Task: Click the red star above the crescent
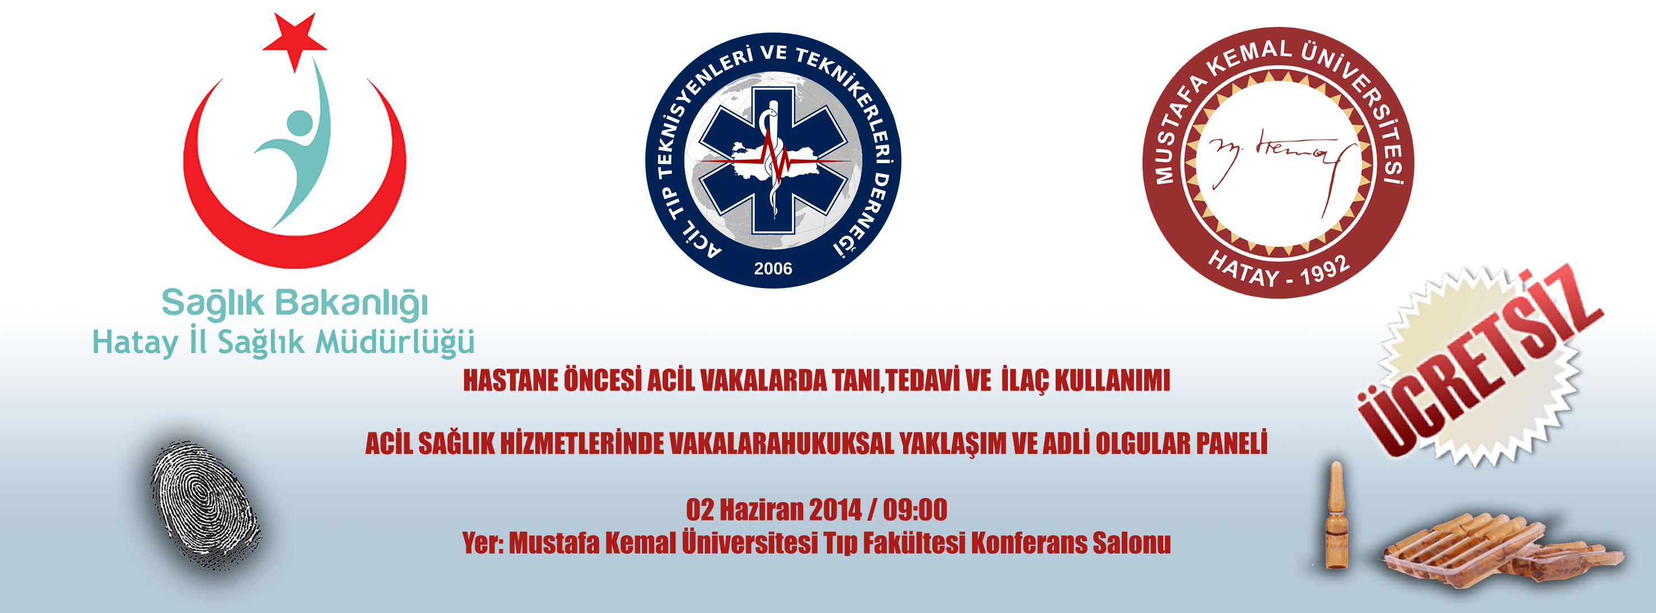(294, 40)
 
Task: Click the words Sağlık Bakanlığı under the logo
(294, 304)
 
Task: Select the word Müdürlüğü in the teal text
(395, 342)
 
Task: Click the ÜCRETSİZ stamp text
(1479, 363)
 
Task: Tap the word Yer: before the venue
(483, 544)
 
